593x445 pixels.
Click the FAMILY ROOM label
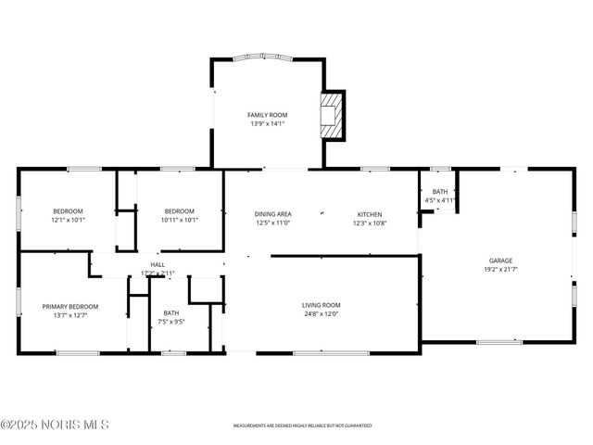point(267,114)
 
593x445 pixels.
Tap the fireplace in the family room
point(331,113)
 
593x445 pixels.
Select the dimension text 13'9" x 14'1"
point(267,123)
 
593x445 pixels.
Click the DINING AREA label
point(273,213)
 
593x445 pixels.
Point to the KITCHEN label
point(370,213)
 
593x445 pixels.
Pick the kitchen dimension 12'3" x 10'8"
point(370,222)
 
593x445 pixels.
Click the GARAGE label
point(500,261)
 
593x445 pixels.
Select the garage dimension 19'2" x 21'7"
point(500,270)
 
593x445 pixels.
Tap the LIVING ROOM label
point(322,305)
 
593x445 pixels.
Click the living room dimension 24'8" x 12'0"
point(322,314)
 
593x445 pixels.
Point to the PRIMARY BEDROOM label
point(69,306)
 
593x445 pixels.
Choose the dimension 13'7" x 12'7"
point(69,315)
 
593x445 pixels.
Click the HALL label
point(158,264)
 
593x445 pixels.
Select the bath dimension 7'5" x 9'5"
point(171,322)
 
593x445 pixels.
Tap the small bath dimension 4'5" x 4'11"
point(439,200)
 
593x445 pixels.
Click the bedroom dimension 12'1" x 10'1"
point(68,220)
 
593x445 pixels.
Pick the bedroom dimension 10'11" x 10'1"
point(179,220)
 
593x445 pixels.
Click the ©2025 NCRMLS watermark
point(55,425)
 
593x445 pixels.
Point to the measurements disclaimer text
point(302,426)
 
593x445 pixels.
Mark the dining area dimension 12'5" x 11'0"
point(273,222)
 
